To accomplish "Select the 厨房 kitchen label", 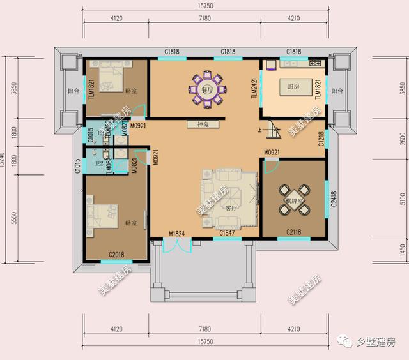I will pos(293,87).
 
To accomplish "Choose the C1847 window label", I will pos(227,234).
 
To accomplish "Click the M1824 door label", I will pos(176,234).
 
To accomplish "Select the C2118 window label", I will pos(294,232).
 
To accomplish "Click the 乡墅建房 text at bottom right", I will pos(377,343).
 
